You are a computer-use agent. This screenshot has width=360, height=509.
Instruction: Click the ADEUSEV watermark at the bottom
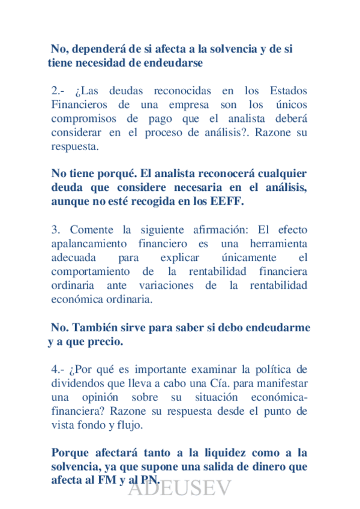[180, 490]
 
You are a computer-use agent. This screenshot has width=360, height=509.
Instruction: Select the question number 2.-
[59, 91]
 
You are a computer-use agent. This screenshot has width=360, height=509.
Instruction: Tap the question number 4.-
[59, 369]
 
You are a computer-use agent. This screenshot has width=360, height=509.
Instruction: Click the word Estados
[287, 91]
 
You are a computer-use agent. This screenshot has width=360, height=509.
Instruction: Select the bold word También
[100, 328]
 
